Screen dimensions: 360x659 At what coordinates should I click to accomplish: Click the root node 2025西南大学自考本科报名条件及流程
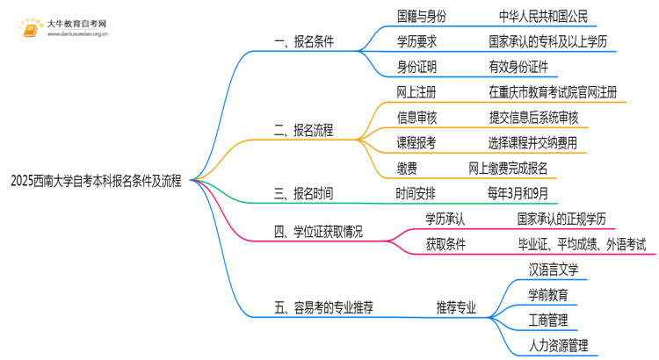(x=96, y=182)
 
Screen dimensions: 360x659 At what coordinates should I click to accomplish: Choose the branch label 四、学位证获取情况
(x=318, y=232)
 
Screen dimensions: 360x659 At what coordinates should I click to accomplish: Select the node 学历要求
(x=417, y=40)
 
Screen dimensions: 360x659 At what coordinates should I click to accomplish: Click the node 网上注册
(x=417, y=91)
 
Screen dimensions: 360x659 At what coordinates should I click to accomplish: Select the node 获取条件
(x=445, y=244)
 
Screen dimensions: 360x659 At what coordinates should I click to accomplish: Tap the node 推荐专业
(x=456, y=307)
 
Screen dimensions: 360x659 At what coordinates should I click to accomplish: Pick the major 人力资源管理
(x=559, y=345)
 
